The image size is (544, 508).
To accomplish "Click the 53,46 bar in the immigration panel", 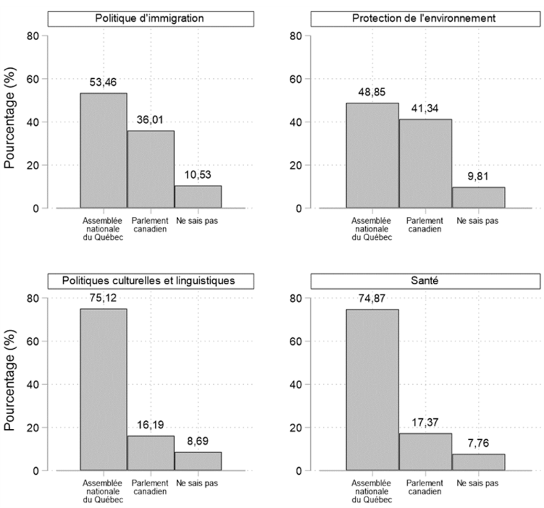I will (103, 150).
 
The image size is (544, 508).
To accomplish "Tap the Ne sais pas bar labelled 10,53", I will (198, 197).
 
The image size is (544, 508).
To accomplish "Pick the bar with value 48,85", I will (372, 156).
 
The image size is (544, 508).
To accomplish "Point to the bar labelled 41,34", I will (425, 164).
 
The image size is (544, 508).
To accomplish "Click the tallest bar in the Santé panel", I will (372, 390).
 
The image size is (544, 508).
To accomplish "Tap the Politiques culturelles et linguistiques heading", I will (142, 280).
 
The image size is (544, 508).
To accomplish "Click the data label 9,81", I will (478, 175).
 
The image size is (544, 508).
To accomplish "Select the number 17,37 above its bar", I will (425, 422).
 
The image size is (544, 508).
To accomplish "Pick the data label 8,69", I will (198, 441).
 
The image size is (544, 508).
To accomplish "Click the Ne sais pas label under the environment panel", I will (478, 221).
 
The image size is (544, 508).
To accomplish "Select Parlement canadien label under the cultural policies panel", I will (150, 488).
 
